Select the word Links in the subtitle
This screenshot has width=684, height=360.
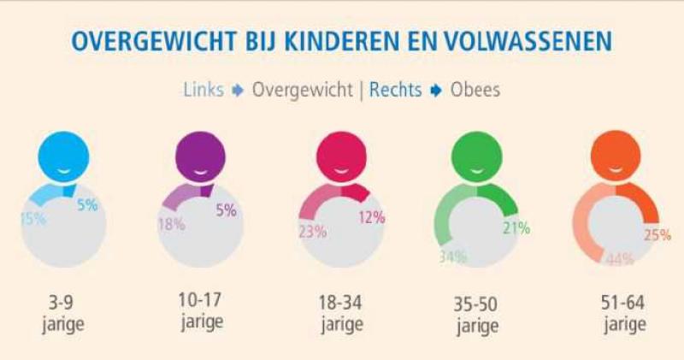(203, 90)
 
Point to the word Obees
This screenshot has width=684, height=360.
(475, 90)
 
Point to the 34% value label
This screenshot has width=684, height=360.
(453, 257)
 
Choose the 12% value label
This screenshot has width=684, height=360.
(370, 217)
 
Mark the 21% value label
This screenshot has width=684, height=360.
(516, 228)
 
